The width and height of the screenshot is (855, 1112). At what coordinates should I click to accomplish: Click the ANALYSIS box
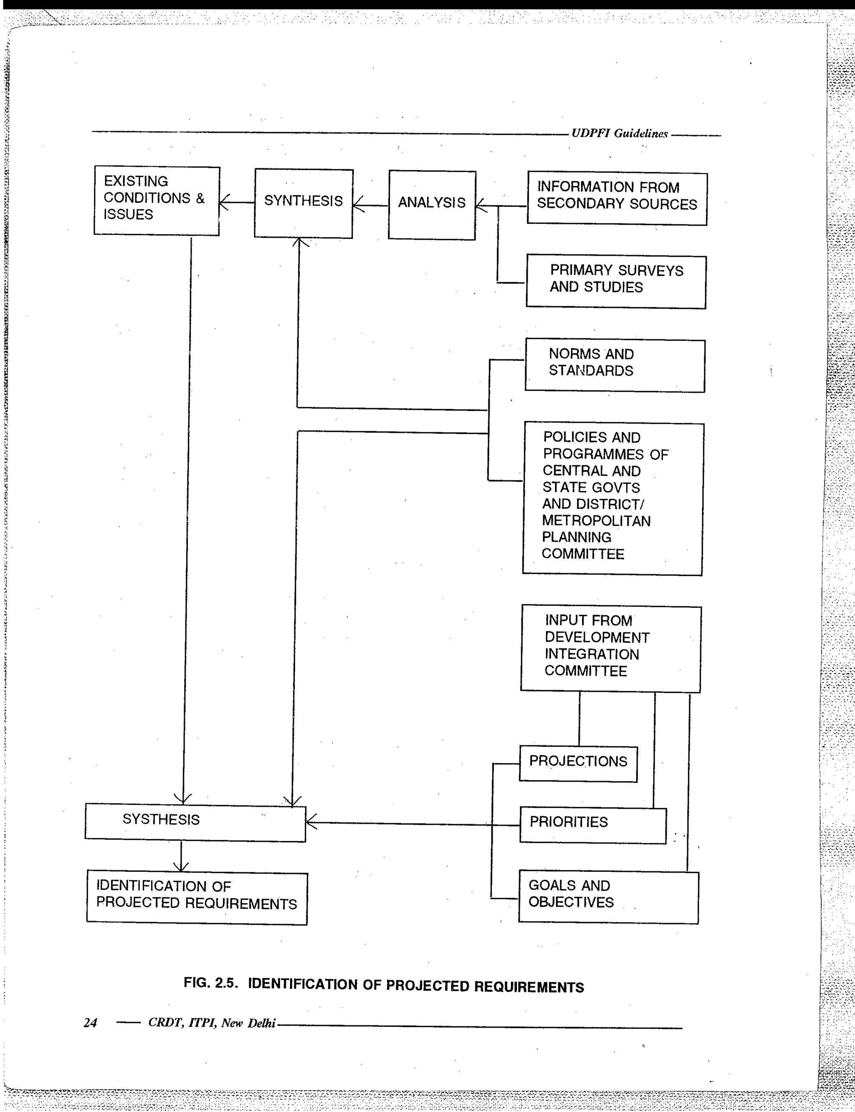click(x=432, y=205)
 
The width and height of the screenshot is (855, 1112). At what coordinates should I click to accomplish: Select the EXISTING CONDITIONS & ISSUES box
click(x=156, y=201)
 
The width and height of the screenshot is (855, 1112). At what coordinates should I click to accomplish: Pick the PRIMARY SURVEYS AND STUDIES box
click(x=616, y=282)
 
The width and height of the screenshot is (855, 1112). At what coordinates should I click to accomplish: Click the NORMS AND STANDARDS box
click(x=615, y=366)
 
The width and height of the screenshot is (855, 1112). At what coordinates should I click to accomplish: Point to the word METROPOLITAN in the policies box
click(x=596, y=521)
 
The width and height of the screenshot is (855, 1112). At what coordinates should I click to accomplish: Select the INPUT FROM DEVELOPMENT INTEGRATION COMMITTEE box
click(x=610, y=648)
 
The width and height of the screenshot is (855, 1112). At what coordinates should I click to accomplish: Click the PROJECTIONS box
click(x=578, y=764)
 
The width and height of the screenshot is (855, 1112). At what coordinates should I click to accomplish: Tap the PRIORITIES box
click(x=592, y=825)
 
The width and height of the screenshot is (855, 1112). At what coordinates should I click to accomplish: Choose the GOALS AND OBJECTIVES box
click(x=608, y=897)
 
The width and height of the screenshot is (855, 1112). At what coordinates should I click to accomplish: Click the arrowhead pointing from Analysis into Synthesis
click(x=358, y=205)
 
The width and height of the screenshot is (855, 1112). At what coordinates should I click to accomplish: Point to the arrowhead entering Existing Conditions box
click(x=224, y=202)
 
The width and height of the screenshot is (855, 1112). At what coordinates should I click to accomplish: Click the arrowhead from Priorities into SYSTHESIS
click(x=311, y=822)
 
